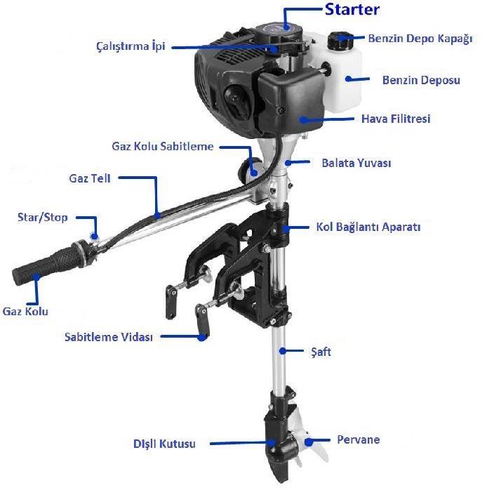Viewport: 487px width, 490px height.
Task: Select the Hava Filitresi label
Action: [x=395, y=119]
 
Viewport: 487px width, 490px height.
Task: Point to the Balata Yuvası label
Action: [x=356, y=163]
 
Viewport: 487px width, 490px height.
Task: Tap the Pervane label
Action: [x=358, y=439]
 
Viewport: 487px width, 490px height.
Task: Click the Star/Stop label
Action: [x=43, y=218]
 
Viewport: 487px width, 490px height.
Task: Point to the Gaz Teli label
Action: [x=90, y=178]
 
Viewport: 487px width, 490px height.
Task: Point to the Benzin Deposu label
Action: [x=421, y=80]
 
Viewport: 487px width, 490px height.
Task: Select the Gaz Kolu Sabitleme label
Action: [x=162, y=147]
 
